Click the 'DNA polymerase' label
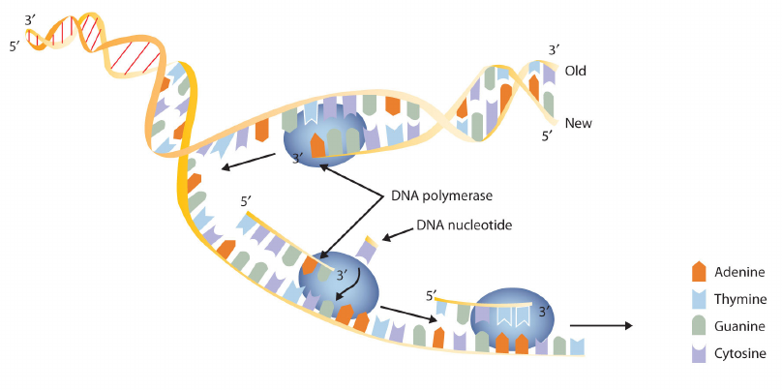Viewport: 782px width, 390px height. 441,196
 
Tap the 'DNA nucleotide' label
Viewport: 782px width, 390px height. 465,225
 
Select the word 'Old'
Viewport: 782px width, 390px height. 575,71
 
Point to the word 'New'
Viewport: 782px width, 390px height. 578,123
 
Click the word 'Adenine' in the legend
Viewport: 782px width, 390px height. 739,272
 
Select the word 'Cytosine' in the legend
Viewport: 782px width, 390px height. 740,354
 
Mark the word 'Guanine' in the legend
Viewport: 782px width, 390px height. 739,327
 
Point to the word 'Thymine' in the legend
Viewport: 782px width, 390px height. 740,300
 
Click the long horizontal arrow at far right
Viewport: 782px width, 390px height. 601,326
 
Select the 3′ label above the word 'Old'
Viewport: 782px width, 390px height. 555,50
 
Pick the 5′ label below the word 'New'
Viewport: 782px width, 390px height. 548,135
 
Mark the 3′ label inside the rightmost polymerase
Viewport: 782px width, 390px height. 545,312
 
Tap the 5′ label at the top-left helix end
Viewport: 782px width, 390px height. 15,47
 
